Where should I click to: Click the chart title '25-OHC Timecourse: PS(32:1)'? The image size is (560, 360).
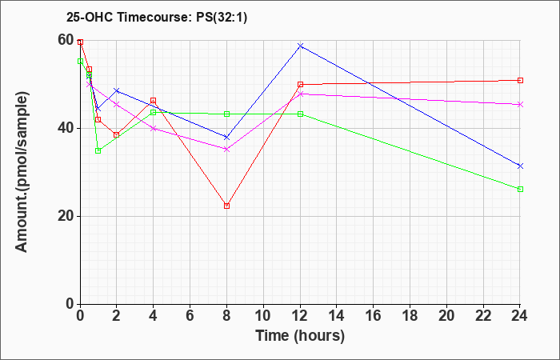point(157,18)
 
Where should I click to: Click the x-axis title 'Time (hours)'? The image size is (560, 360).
point(300,336)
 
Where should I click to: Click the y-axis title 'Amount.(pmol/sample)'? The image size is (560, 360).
point(22,172)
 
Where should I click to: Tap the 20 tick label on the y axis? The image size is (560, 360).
point(66,217)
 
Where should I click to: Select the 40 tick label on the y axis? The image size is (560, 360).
point(66,129)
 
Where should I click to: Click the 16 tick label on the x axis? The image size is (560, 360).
point(374,316)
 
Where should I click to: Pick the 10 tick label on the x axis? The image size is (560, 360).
point(263,316)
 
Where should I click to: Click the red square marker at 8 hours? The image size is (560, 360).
point(226,206)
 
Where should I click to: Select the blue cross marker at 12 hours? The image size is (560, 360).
point(300,46)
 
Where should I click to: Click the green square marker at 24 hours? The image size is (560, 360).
point(520,190)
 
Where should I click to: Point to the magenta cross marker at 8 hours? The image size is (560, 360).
point(226,150)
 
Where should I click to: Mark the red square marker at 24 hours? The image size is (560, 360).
point(520,80)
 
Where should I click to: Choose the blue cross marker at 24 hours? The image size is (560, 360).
point(520,166)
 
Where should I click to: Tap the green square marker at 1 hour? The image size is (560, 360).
point(98,150)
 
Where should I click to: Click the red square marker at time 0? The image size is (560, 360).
point(80,42)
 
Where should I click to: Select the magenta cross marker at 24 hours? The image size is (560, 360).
point(520,105)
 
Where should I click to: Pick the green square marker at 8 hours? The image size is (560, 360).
point(226,114)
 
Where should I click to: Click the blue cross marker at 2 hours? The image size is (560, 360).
point(117,90)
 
